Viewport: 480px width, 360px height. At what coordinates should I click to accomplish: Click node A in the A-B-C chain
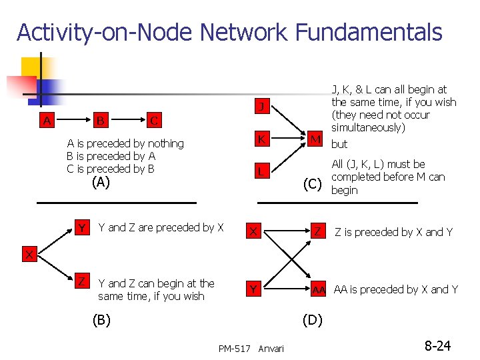pyautogui.click(x=46, y=121)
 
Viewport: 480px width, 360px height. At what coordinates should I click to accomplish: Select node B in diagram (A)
pyautogui.click(x=100, y=121)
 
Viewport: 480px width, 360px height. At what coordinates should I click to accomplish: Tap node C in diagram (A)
pyautogui.click(x=154, y=121)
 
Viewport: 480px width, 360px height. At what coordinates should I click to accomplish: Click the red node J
pyautogui.click(x=263, y=107)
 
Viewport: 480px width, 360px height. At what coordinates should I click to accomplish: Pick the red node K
pyautogui.click(x=263, y=139)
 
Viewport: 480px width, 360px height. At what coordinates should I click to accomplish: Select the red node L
pyautogui.click(x=263, y=171)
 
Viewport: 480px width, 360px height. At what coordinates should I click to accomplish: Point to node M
pyautogui.click(x=316, y=139)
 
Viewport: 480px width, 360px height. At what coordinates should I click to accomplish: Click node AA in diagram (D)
pyautogui.click(x=319, y=289)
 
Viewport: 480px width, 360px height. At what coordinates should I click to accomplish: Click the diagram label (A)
pyautogui.click(x=101, y=182)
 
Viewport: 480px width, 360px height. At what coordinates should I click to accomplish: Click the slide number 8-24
pyautogui.click(x=437, y=345)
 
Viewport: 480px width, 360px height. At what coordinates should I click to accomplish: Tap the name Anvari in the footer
pyautogui.click(x=271, y=348)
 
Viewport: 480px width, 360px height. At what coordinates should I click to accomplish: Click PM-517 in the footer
pyautogui.click(x=234, y=348)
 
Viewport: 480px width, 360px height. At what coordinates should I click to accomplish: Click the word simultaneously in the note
pyautogui.click(x=368, y=127)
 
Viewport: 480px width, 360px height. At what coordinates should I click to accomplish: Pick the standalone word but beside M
pyautogui.click(x=339, y=144)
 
